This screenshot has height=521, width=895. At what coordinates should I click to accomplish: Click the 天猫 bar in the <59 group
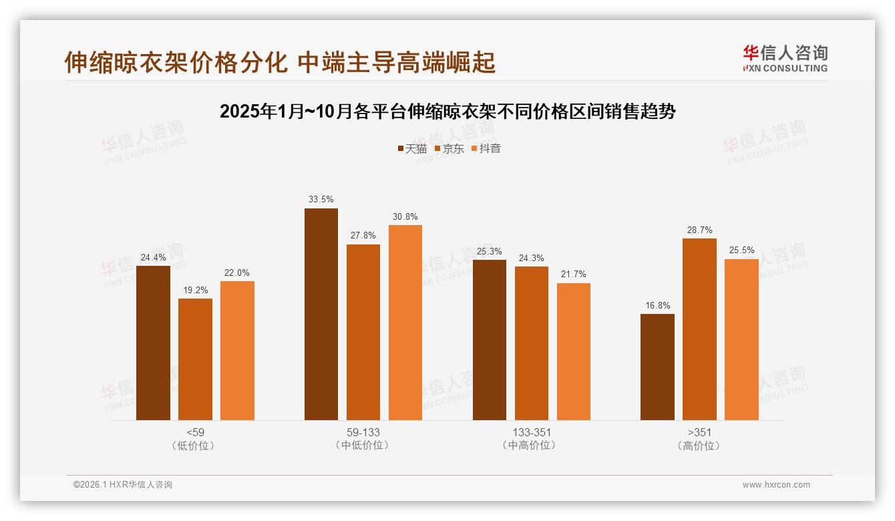[x=153, y=343]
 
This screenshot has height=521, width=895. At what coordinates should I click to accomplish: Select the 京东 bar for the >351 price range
[x=699, y=329]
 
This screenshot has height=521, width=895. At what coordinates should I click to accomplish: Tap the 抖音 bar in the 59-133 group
[x=405, y=322]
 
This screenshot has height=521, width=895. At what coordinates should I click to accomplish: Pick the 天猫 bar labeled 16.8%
[x=657, y=367]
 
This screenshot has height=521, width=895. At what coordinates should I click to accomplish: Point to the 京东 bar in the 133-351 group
[x=531, y=343]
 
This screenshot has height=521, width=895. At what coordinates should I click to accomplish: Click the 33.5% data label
[x=321, y=199]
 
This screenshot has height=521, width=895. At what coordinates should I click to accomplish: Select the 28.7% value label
[x=699, y=230]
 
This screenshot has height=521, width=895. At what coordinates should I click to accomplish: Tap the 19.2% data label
[x=195, y=290]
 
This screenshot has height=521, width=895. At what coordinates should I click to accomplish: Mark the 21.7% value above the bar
[x=574, y=275]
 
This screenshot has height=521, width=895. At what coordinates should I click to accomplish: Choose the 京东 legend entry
[x=449, y=148]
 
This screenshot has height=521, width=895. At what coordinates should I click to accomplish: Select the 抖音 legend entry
[x=486, y=148]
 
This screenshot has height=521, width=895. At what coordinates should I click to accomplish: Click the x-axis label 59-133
[x=363, y=432]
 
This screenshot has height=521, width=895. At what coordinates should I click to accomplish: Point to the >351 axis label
[x=699, y=432]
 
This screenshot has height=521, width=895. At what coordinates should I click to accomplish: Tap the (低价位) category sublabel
[x=195, y=446]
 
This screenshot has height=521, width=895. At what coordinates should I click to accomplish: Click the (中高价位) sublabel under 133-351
[x=531, y=446]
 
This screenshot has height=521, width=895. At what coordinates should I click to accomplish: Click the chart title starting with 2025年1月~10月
[x=447, y=112]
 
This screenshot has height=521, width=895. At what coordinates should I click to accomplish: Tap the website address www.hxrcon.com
[x=776, y=485]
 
